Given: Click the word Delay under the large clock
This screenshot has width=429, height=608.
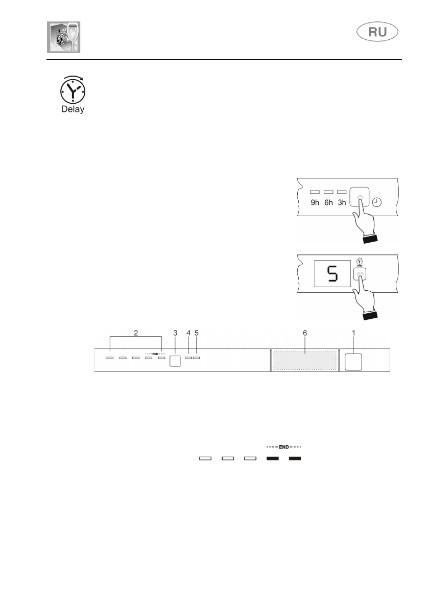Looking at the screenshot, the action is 72,109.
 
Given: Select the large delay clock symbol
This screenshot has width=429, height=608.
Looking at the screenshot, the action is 73,91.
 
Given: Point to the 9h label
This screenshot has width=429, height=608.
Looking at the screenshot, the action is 315,202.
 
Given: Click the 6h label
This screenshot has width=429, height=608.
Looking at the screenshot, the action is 328,202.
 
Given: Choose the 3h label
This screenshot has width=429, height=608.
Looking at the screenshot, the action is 342,202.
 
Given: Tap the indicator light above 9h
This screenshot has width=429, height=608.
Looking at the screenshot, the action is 315,192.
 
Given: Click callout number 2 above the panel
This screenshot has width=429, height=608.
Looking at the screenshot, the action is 136,333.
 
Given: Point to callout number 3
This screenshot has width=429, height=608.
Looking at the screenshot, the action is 175,333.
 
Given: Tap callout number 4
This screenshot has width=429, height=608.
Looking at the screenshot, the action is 188,333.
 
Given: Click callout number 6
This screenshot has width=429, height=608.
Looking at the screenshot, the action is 304,333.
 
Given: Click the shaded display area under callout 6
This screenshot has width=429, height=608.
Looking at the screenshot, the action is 304,361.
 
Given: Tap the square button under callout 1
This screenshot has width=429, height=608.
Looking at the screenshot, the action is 353,362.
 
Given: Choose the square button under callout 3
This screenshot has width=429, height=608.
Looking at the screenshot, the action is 175,361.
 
